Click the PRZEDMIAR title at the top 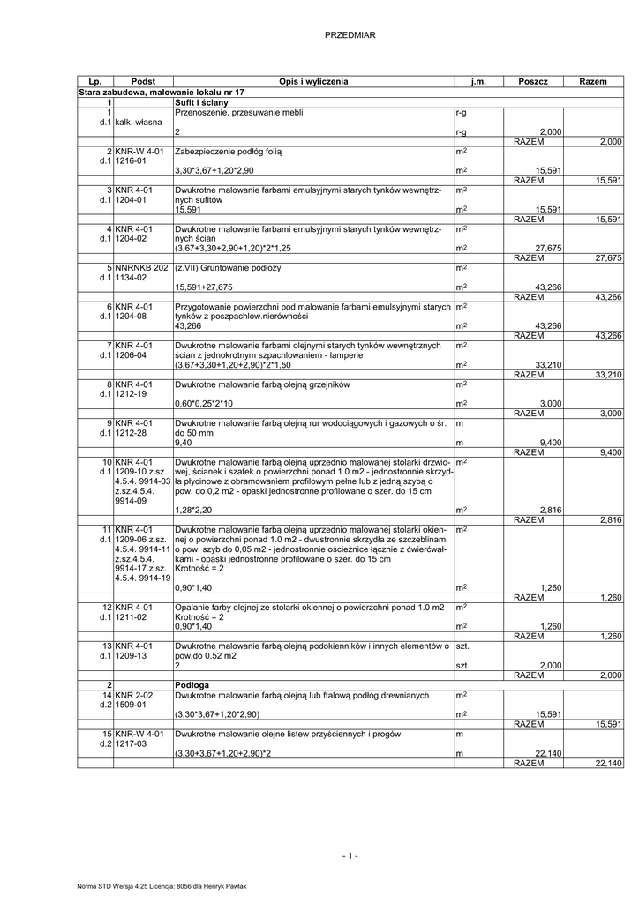click(x=350, y=34)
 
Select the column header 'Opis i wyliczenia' click(x=313, y=81)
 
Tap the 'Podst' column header click(x=143, y=81)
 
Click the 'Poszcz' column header click(x=533, y=81)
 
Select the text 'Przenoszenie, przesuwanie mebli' click(x=239, y=113)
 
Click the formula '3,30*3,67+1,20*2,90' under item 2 click(x=214, y=169)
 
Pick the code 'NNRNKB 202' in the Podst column click(x=141, y=266)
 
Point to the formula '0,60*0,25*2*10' click(x=207, y=402)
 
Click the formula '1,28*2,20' click(x=194, y=510)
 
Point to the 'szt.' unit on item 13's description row click(x=462, y=646)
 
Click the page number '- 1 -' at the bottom click(x=350, y=855)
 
